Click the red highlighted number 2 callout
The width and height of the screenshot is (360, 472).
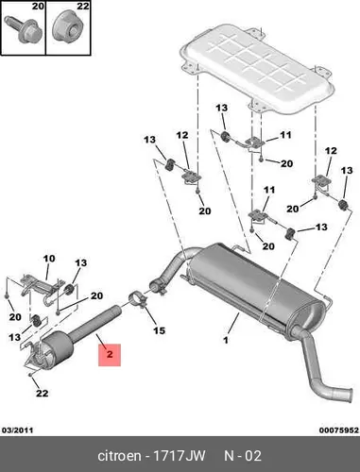point(110,355)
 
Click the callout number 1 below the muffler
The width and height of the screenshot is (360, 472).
point(226,340)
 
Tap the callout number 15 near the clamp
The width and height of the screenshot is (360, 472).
point(159,330)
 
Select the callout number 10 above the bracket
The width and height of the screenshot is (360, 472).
point(49,259)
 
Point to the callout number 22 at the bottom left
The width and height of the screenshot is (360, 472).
point(42,393)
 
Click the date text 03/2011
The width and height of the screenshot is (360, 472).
point(17,430)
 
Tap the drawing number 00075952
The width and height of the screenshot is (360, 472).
point(338,430)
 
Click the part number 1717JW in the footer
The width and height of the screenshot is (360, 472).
point(179,456)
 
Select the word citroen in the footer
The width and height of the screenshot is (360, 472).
point(120,456)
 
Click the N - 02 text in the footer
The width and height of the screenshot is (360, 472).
point(243,456)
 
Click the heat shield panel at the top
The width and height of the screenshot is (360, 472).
point(256,68)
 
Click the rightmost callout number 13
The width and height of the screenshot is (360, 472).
point(347,171)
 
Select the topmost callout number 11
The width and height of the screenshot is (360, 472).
point(285,135)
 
